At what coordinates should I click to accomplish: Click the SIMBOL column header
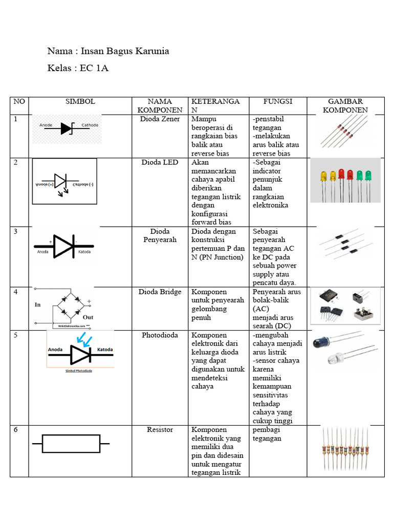(80, 101)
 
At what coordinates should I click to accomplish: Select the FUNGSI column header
(278, 101)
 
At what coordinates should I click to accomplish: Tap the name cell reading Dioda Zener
(160, 119)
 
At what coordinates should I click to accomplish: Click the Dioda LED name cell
(160, 162)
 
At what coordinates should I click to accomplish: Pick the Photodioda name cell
(160, 335)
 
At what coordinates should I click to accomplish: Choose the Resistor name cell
(160, 429)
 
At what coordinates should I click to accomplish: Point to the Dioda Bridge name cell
(160, 292)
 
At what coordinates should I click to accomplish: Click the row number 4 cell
(16, 292)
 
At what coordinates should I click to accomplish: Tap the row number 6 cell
(16, 429)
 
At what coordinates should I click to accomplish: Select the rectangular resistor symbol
(71, 444)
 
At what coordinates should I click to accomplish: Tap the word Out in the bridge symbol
(88, 317)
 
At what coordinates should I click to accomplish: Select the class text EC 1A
(94, 68)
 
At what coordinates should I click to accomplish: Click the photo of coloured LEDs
(345, 180)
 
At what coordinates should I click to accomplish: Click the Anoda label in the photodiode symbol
(55, 350)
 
